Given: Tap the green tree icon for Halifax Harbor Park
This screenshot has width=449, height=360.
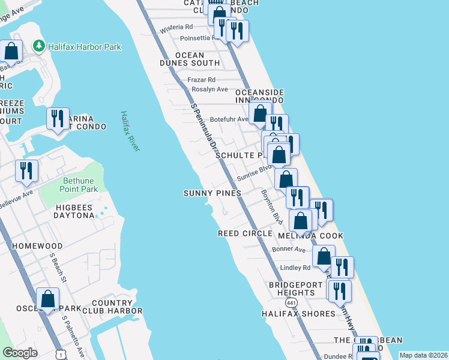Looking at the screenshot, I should point(39,46).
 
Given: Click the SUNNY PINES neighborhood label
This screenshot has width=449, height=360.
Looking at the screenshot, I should point(212,193).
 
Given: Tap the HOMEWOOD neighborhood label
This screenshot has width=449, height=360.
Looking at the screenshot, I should point(38,247).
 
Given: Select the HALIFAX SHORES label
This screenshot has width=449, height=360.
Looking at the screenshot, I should point(298,314).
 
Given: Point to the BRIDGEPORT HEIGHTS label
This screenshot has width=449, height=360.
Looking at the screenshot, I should point(292,289).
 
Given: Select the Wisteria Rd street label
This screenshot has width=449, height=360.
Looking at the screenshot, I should point(176,27).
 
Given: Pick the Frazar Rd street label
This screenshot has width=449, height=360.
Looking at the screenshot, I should point(201,80).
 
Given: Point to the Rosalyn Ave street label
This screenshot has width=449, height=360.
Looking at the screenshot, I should point(209,89).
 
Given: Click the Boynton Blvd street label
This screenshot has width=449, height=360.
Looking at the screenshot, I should point(271,207).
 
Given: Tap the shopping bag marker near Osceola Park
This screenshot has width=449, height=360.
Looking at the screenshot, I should point(47,298).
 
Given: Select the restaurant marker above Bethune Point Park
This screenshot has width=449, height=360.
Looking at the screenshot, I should point(26,170).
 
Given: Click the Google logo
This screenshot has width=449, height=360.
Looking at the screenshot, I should point(20,353).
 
